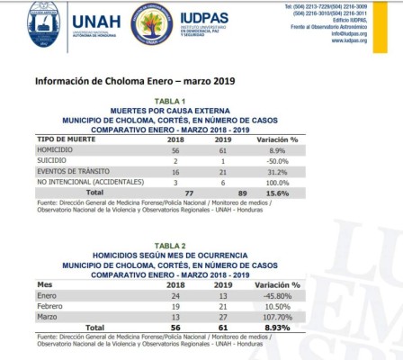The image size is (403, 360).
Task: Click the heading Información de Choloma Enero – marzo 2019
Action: coord(121,79)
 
